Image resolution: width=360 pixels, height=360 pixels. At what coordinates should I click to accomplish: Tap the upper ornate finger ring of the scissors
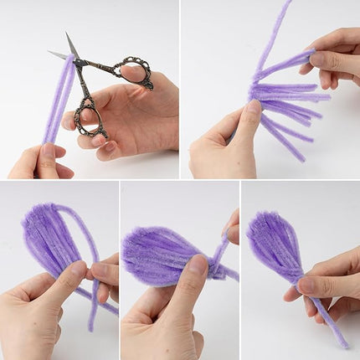pos(135,73)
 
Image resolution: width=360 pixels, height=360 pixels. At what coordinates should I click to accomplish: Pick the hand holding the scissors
pos(138,117)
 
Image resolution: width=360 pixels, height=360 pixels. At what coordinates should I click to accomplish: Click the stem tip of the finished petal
pos(343,343)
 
